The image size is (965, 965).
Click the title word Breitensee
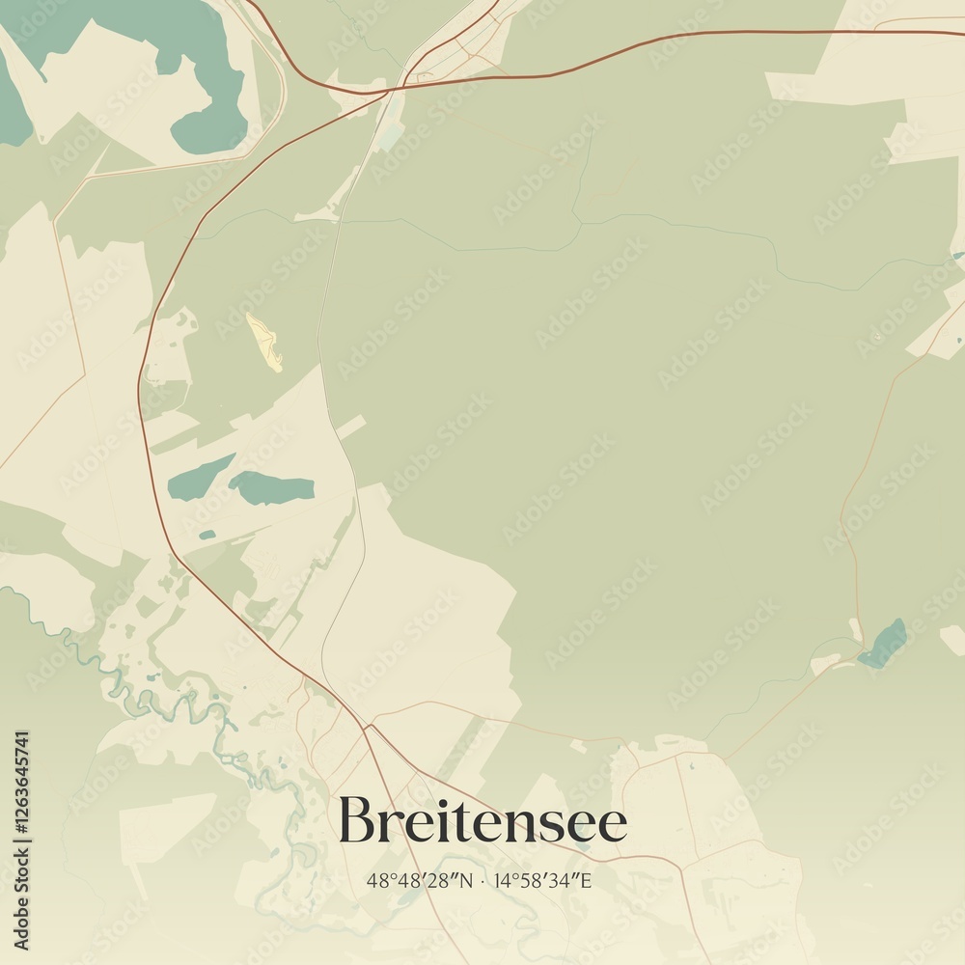click(x=482, y=821)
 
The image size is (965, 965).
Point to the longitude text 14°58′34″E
click(x=542, y=880)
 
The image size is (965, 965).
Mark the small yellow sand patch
click(x=264, y=341)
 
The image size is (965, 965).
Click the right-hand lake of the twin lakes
click(x=271, y=488)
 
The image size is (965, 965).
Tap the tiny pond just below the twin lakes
click(x=207, y=534)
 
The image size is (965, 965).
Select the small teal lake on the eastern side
click(x=883, y=645)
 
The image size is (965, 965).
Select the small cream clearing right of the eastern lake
click(x=951, y=638)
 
